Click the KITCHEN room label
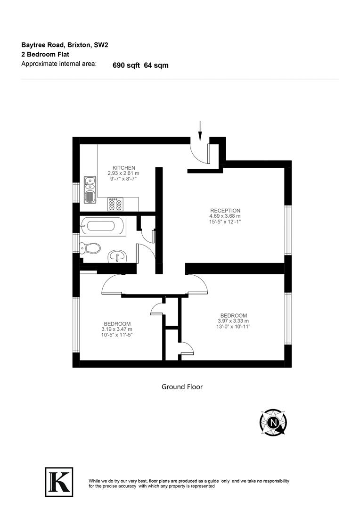click(x=124, y=168)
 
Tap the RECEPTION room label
click(x=225, y=211)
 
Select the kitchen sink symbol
click(x=89, y=189)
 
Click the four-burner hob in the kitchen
click(x=115, y=204)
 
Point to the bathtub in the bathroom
click(x=102, y=226)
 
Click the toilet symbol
click(x=90, y=248)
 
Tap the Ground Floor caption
click(x=182, y=387)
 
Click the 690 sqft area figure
click(x=126, y=66)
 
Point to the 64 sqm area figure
click(x=156, y=66)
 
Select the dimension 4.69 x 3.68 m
click(x=225, y=216)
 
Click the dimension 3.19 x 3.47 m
click(x=117, y=329)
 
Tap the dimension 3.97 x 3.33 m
click(x=234, y=321)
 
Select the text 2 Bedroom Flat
click(x=45, y=55)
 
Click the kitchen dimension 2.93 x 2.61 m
click(x=123, y=173)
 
